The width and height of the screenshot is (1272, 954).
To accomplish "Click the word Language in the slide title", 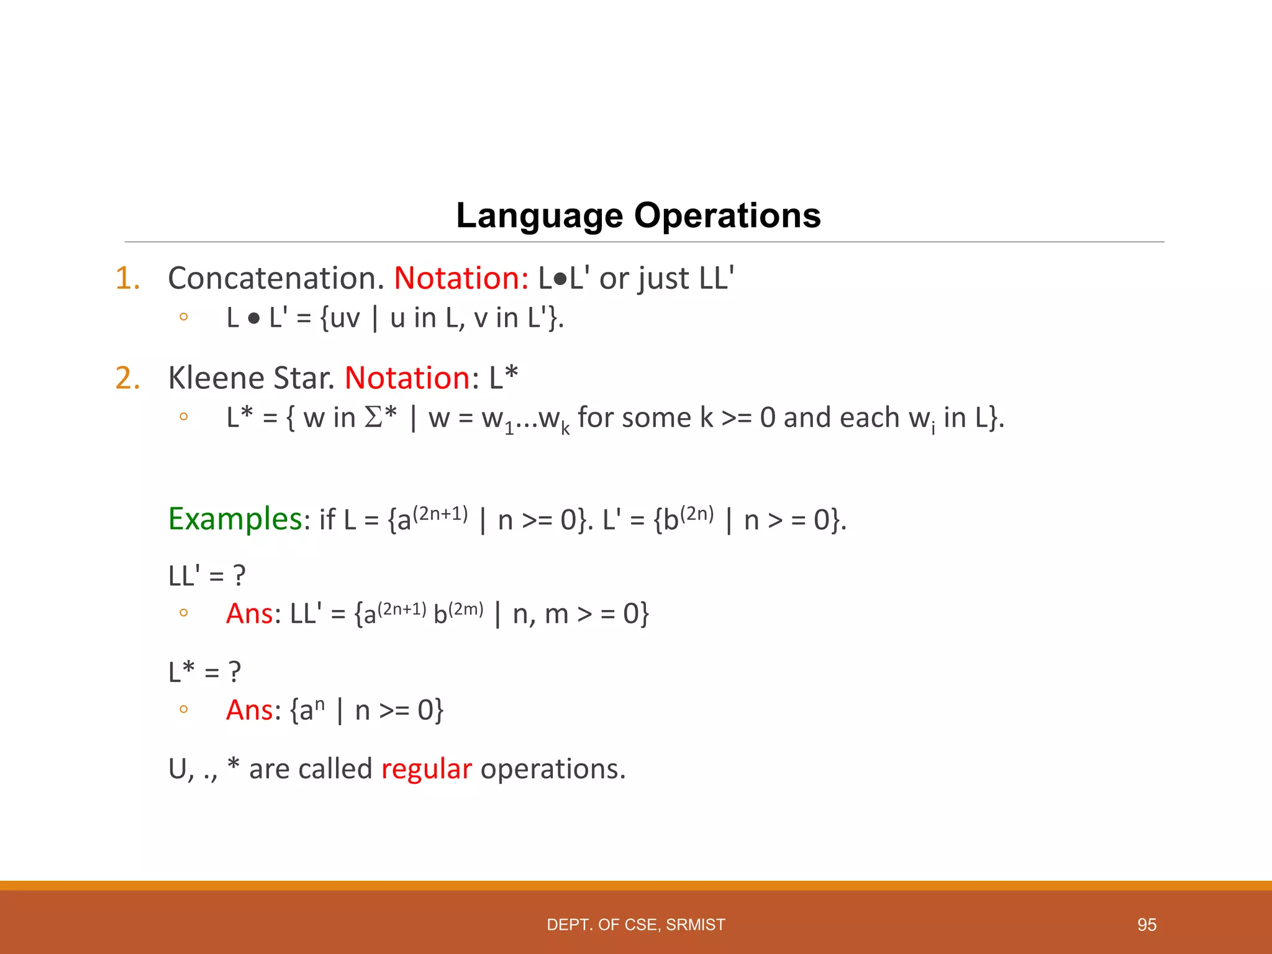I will [x=539, y=216].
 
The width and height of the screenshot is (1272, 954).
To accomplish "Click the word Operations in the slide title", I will [x=727, y=216].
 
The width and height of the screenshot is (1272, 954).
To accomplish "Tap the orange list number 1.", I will [x=127, y=278].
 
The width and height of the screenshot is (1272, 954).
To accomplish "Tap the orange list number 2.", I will [x=127, y=378].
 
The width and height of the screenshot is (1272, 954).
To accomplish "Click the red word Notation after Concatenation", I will [x=461, y=278].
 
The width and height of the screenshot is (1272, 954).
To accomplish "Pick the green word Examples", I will [x=235, y=519].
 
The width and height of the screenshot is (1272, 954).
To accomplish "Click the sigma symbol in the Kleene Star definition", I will [x=373, y=417].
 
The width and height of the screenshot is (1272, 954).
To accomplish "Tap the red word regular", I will [x=426, y=769].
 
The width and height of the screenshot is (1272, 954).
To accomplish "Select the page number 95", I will [x=1147, y=925].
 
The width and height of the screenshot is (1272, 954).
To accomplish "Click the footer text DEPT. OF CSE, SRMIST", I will [x=635, y=925].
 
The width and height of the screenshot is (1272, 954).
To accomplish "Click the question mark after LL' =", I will [x=239, y=576].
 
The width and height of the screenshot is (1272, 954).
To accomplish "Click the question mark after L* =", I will [x=234, y=672].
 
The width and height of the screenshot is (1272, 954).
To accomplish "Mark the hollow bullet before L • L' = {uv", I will [x=183, y=317].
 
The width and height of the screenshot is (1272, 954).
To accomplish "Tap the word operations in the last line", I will [x=552, y=769].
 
